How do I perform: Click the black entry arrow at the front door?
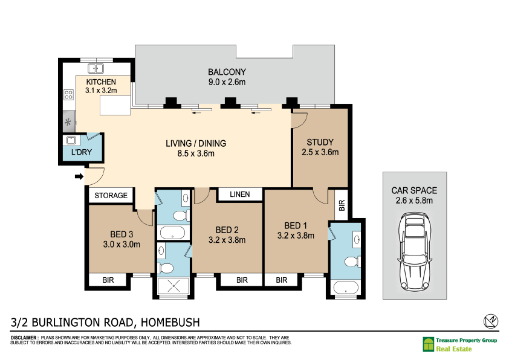[x=79, y=176]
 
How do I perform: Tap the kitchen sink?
[x=96, y=69]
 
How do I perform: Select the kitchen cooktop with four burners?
[x=68, y=95]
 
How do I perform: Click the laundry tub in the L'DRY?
[x=71, y=140]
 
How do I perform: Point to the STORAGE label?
[x=111, y=196]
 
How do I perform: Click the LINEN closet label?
[x=240, y=194]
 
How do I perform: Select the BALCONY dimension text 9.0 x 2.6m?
[x=227, y=82]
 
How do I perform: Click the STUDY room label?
[x=320, y=143]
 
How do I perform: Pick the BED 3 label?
[x=122, y=234]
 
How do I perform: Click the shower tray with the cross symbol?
[x=173, y=286]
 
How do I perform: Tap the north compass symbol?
[x=491, y=321]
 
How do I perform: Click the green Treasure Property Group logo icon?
[x=428, y=344]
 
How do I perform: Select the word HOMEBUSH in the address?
[x=170, y=323]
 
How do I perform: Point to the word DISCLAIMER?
[x=24, y=338]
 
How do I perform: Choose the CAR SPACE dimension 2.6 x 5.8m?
[x=414, y=201]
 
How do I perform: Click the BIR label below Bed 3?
[x=108, y=280]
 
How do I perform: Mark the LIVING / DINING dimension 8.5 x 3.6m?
[x=196, y=154]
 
